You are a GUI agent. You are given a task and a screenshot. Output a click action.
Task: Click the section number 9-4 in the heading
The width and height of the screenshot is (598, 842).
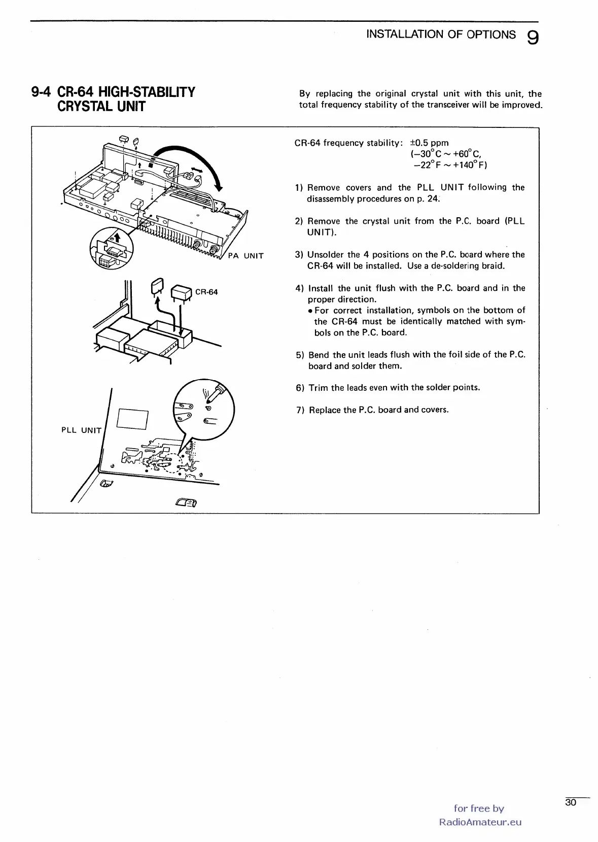(x=42, y=92)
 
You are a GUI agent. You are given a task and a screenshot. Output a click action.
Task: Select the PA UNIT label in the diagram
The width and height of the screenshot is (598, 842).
(x=246, y=256)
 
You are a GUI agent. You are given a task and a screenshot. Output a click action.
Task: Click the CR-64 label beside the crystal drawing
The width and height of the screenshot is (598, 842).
(x=206, y=292)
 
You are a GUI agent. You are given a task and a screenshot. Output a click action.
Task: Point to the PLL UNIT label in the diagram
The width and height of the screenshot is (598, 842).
(x=81, y=430)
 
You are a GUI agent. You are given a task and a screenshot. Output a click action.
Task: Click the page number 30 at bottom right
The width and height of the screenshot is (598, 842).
(x=571, y=802)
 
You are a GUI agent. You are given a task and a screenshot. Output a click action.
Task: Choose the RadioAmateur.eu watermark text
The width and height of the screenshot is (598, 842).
(x=480, y=822)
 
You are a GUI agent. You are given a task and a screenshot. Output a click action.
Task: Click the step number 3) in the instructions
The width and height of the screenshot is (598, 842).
(x=299, y=255)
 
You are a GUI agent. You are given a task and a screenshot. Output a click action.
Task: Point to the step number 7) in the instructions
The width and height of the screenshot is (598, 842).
(x=300, y=410)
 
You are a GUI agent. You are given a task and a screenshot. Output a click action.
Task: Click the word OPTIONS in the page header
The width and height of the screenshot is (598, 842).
(x=491, y=35)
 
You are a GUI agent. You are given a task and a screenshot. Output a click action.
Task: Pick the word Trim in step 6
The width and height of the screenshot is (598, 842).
(x=318, y=388)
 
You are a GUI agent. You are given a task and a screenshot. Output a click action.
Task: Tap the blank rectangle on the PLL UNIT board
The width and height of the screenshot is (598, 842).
(x=132, y=418)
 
